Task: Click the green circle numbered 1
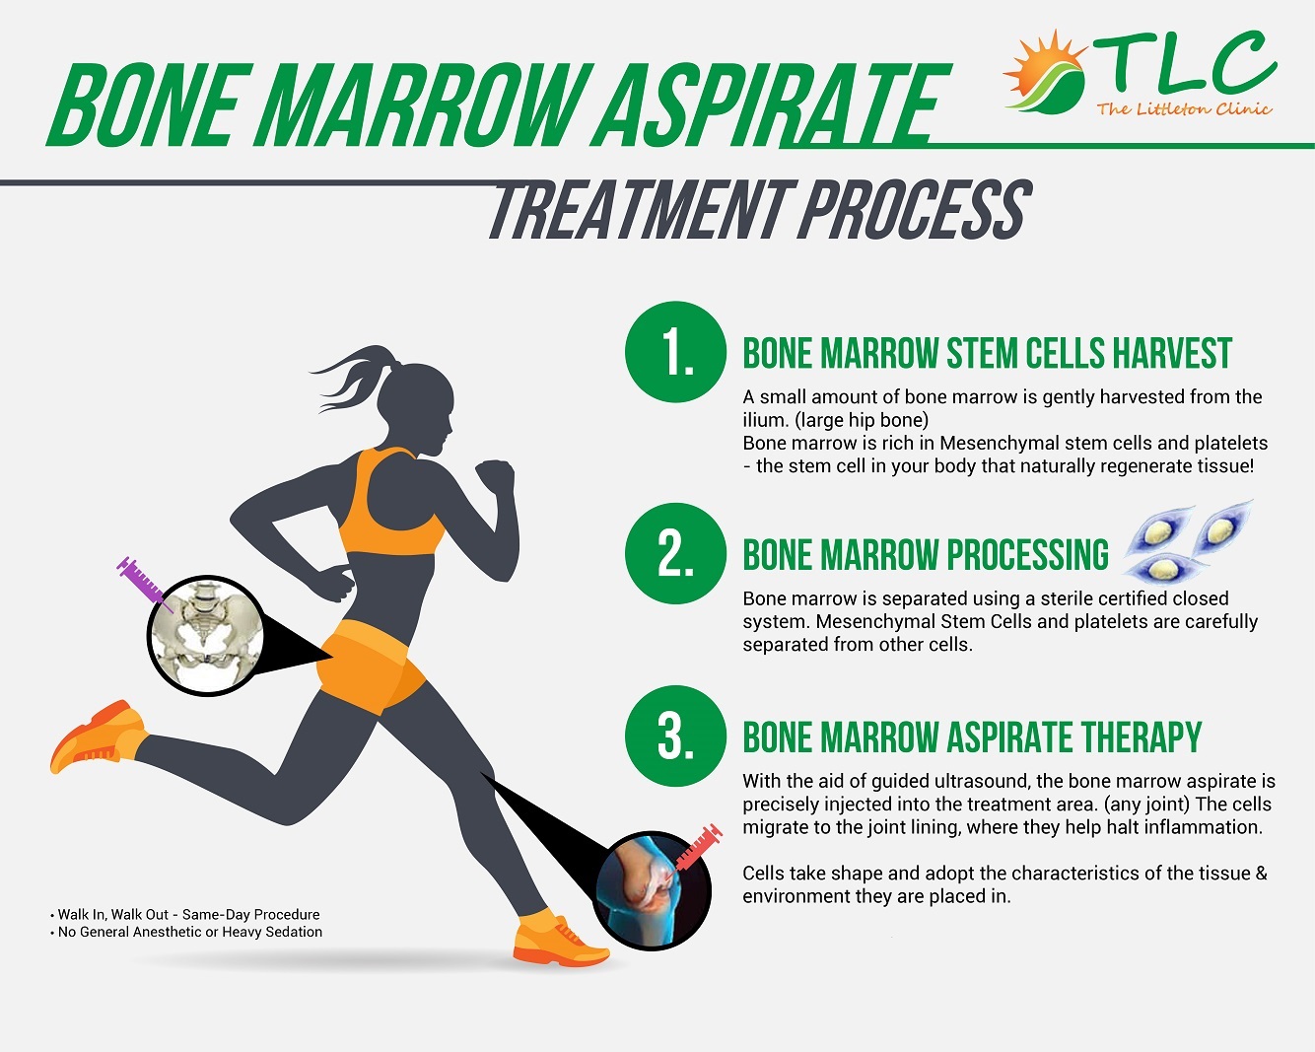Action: (675, 351)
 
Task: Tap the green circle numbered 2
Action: (675, 553)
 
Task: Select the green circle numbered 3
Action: (675, 736)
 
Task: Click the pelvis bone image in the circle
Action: (208, 636)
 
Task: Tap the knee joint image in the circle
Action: (652, 891)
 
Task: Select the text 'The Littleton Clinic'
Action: (1184, 109)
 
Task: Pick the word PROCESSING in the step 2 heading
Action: (1027, 554)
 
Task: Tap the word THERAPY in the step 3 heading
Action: (1142, 736)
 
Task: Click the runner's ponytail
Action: (355, 376)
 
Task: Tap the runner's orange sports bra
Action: (391, 504)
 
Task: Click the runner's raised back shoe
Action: (98, 736)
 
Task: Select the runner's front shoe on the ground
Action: (559, 941)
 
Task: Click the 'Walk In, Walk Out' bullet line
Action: (185, 915)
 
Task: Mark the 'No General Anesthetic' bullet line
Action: (186, 932)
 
